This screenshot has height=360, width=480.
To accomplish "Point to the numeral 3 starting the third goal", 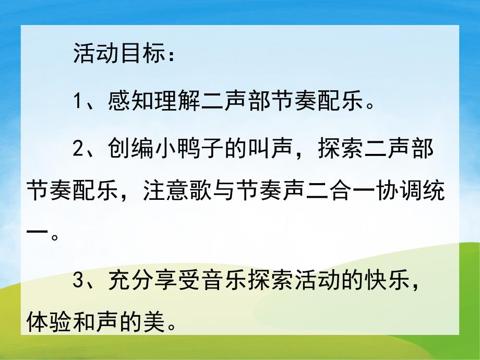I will pos(78,281).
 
